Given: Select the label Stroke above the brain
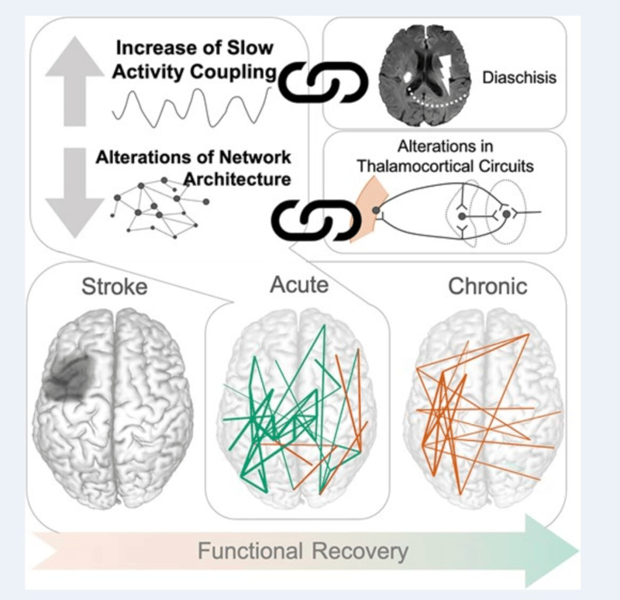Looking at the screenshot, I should pyautogui.click(x=115, y=286).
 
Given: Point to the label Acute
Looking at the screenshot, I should pyautogui.click(x=299, y=284).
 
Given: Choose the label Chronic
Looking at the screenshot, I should pyautogui.click(x=488, y=286).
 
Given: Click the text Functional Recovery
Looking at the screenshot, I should pyautogui.click(x=302, y=551).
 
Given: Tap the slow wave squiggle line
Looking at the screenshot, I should pyautogui.click(x=191, y=105).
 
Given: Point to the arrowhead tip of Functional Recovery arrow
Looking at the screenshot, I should pyautogui.click(x=577, y=551).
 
